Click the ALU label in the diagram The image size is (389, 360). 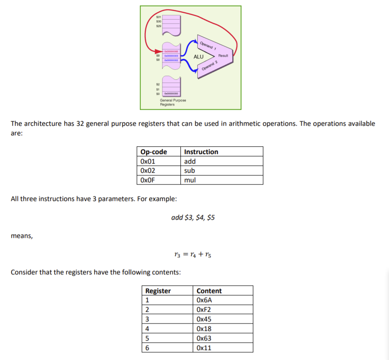tap(199, 57)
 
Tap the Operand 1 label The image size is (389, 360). tap(209, 46)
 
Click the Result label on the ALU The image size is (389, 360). tap(223, 55)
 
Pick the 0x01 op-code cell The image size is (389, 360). tap(148, 161)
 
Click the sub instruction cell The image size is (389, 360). tap(190, 170)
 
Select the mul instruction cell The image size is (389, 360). tap(190, 180)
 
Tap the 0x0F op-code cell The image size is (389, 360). tap(148, 180)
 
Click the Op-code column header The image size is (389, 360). tap(154, 152)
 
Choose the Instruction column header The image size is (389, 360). tap(201, 152)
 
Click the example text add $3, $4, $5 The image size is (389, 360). tap(193, 217)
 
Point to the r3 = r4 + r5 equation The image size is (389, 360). tap(193, 254)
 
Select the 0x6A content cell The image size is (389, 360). tap(205, 300)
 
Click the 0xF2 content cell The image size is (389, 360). tap(204, 310)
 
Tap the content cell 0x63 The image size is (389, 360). tap(204, 339)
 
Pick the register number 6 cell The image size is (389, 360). tap(148, 348)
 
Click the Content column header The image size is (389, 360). tap(209, 291)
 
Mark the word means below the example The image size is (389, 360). tap(22, 236)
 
